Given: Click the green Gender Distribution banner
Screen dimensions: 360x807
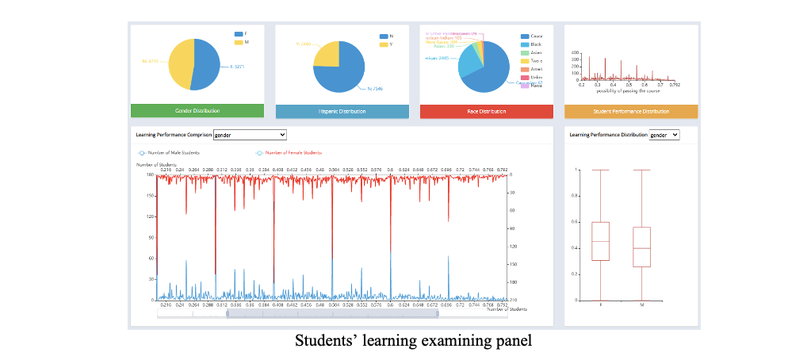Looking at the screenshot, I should pos(197,111).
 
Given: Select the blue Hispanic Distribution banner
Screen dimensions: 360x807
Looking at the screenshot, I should pos(342,111).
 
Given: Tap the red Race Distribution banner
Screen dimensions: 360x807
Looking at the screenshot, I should pos(487,111).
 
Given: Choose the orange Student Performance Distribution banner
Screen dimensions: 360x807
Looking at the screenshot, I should pos(631,111).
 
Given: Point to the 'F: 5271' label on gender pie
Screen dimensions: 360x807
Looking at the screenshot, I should pos(236,67).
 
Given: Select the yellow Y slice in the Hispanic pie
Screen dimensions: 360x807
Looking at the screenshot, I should pos(327,53).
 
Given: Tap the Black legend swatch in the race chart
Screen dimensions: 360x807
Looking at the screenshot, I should pos(525,44).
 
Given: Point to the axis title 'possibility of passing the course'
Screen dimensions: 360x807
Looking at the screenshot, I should pos(625,90).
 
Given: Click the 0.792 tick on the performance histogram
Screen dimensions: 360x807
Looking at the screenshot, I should pos(675,84).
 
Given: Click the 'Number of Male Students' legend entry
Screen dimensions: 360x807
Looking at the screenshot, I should pos(170,152).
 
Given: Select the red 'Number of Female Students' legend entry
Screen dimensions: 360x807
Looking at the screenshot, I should pos(289,152).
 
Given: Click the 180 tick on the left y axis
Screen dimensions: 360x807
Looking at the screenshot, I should pos(149,174).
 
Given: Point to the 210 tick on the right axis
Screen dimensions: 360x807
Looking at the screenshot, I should pos(512,301).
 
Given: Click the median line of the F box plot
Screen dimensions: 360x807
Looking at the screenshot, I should pos(600,241).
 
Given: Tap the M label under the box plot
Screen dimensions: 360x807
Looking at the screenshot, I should pos(642,305).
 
